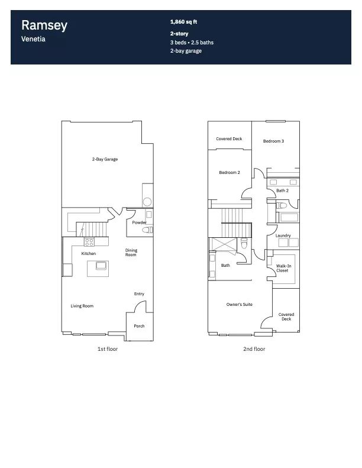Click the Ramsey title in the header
(x=44, y=25)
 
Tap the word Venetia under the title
(x=33, y=39)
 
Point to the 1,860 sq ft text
(x=183, y=22)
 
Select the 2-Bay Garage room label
(x=105, y=159)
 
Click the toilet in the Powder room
(x=147, y=230)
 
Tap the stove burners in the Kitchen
(x=89, y=242)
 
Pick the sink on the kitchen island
(x=102, y=265)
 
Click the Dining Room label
(x=131, y=252)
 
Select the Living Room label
(x=82, y=306)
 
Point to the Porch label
(x=139, y=326)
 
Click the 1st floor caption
(x=108, y=349)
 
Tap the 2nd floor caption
(x=254, y=349)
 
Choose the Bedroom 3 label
(x=273, y=141)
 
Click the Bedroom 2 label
(x=230, y=172)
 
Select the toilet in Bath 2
(x=281, y=205)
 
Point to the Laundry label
(x=283, y=235)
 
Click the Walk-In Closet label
(x=283, y=268)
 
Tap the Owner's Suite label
(x=240, y=305)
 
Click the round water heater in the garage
(x=147, y=202)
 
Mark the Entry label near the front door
(x=139, y=294)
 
